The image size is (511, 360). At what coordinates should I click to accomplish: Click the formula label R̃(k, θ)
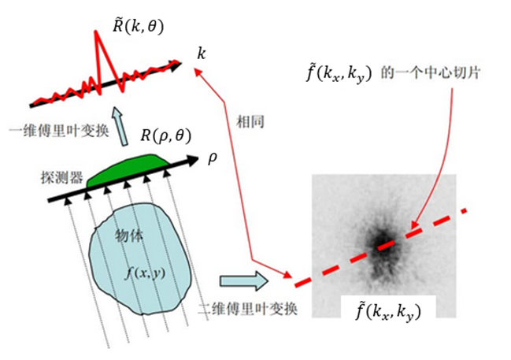[138, 27]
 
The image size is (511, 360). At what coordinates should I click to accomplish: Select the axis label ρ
[212, 158]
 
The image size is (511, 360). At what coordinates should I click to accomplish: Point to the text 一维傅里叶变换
[59, 132]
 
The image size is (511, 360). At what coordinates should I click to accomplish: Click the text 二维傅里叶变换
[248, 309]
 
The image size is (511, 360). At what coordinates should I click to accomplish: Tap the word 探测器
[62, 178]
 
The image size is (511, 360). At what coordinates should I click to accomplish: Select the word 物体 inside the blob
[129, 236]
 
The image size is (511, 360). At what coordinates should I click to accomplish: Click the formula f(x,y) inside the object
[145, 273]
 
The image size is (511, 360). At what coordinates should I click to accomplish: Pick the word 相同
[250, 122]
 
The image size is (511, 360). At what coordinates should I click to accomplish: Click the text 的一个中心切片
[431, 73]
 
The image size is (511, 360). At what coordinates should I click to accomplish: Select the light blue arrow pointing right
[244, 280]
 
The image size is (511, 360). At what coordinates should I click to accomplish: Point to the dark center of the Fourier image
[383, 243]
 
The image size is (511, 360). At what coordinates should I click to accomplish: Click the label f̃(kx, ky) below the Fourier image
[388, 310]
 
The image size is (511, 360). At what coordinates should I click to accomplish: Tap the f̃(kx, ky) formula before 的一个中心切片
[339, 74]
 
